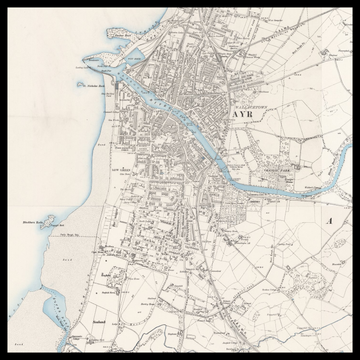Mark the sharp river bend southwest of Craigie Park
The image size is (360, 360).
(x=224, y=172)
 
